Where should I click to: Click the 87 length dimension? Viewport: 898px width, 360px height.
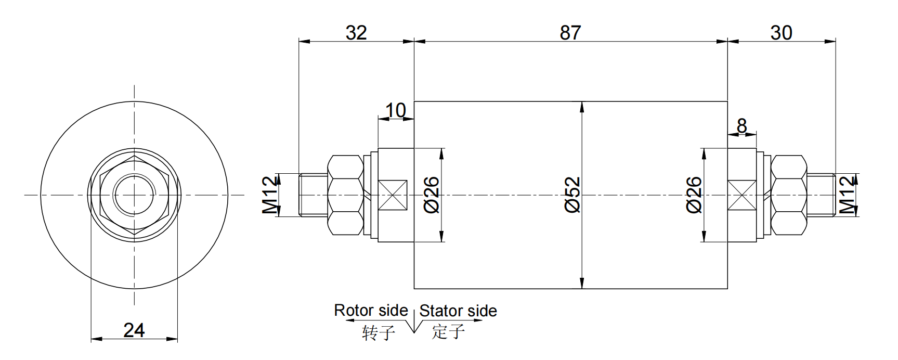pyautogui.click(x=570, y=33)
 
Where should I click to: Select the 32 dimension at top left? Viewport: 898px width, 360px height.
pyautogui.click(x=356, y=33)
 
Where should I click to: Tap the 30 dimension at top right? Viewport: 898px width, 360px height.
pyautogui.click(x=781, y=33)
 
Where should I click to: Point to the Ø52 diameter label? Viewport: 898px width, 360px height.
pyautogui.click(x=572, y=195)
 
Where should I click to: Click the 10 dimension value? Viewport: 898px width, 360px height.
pyautogui.click(x=396, y=110)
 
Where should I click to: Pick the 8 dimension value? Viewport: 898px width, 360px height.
pyautogui.click(x=742, y=126)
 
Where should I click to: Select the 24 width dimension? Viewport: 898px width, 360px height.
pyautogui.click(x=134, y=330)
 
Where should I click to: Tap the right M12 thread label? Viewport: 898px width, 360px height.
pyautogui.click(x=848, y=195)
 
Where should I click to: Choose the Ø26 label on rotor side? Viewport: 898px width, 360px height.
pyautogui.click(x=432, y=195)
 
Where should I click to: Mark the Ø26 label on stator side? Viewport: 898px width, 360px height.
pyautogui.click(x=694, y=195)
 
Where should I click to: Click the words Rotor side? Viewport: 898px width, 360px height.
pyautogui.click(x=371, y=311)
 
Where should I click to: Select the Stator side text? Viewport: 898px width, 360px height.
pyautogui.click(x=458, y=311)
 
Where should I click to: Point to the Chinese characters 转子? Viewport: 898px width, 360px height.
pyautogui.click(x=379, y=332)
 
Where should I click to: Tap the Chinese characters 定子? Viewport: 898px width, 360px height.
pyautogui.click(x=448, y=331)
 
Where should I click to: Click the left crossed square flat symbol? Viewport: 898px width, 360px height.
pyautogui.click(x=393, y=195)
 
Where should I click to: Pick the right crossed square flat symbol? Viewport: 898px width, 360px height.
pyautogui.click(x=741, y=195)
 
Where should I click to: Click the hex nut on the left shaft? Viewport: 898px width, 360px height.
pyautogui.click(x=345, y=195)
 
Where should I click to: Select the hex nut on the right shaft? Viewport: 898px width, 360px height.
pyautogui.click(x=788, y=195)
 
